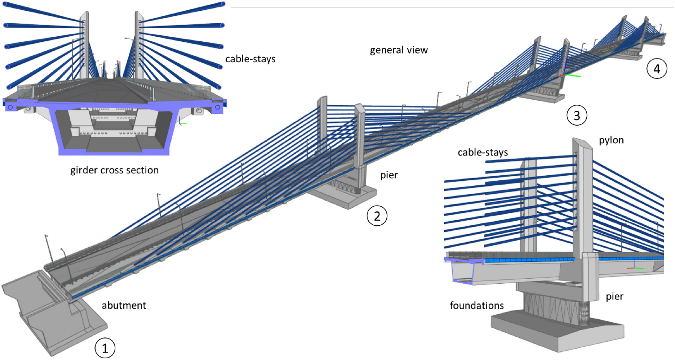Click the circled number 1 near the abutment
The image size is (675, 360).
pos(105,348)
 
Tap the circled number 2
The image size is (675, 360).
pos(377,216)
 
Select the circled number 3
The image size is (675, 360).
pos(576,115)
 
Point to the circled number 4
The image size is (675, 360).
pos(657,69)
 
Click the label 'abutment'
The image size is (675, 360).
pos(124,305)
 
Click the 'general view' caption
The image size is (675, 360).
pos(399,50)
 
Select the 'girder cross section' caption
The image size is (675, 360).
pos(114,170)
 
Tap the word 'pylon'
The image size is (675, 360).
pos(611,140)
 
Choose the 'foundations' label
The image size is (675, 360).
pos(477,305)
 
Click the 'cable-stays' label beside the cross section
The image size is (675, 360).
pos(250,59)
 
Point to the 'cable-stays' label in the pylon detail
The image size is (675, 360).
pos(483,152)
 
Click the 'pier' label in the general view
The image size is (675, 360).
pos(389,175)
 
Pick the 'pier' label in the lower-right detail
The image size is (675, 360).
pos(614,297)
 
